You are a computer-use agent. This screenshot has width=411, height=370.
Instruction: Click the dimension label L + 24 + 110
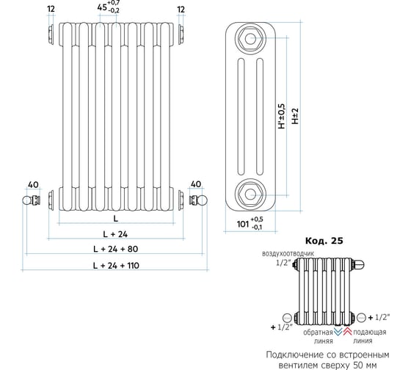click(116, 265)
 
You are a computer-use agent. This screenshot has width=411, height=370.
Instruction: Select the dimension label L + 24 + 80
click(116, 249)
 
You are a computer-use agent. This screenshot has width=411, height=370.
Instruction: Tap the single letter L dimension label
click(116, 218)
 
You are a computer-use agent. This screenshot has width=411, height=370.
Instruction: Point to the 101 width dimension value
click(243, 224)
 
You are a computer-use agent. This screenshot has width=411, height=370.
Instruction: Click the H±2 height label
click(295, 116)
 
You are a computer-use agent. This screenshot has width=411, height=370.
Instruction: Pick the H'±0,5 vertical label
click(282, 116)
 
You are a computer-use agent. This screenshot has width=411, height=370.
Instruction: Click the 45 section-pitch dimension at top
click(102, 7)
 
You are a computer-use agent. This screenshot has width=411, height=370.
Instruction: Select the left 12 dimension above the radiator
click(51, 9)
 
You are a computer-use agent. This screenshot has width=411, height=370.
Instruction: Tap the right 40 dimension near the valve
click(196, 184)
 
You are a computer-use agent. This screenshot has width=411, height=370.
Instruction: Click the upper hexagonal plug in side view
click(250, 39)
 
